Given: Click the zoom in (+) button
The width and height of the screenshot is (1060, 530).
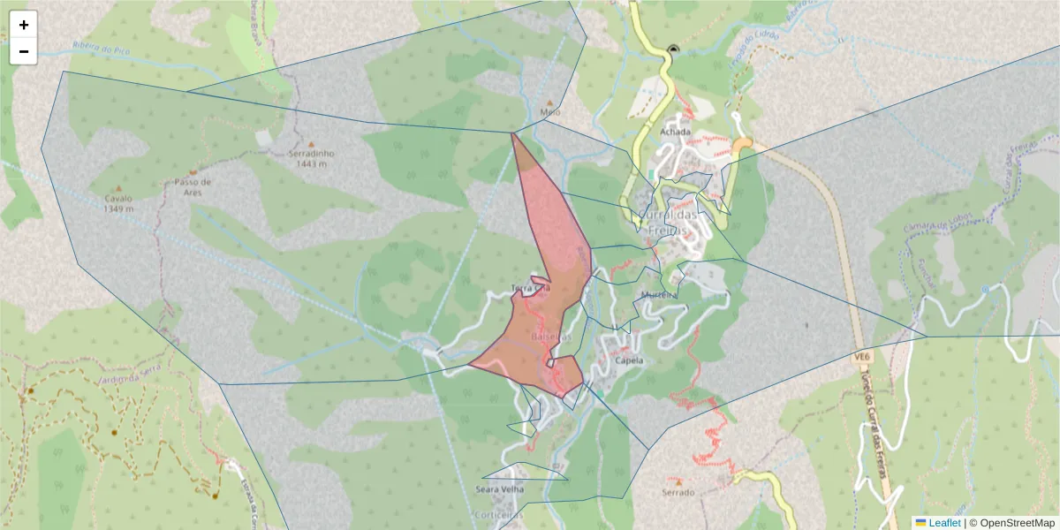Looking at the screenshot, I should (x=24, y=25).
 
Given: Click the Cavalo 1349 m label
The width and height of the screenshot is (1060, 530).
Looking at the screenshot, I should (x=117, y=204).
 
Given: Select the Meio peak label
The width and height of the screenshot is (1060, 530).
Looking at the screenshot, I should (x=549, y=113).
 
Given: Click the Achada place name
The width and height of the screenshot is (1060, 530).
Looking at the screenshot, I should (x=675, y=132).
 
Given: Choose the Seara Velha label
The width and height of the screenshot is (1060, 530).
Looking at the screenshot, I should (x=500, y=488).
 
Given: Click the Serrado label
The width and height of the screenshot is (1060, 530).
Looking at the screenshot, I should (x=678, y=492).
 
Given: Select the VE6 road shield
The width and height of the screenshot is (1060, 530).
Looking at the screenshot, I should (x=862, y=356).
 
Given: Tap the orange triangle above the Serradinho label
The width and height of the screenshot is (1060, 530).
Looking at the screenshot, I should (x=311, y=143).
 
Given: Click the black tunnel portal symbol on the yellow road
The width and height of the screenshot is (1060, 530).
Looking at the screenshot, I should (x=674, y=49).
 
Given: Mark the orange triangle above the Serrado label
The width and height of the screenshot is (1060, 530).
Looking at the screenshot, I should (x=678, y=481).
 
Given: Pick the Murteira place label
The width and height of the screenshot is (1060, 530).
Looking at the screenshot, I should (x=659, y=294).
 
